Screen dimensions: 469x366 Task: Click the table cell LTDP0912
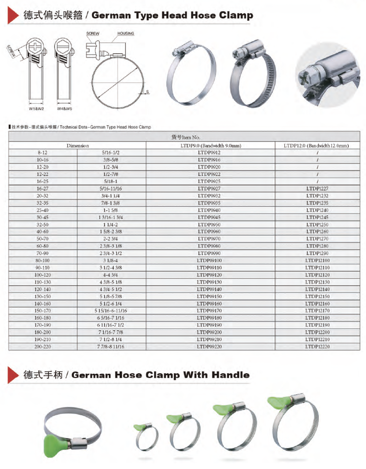pyautogui.click(x=209, y=153)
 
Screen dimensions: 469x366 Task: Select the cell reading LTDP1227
pyautogui.click(x=317, y=189)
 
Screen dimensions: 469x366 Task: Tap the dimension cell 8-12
pyautogui.click(x=43, y=153)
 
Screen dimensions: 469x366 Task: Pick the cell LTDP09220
pyautogui.click(x=209, y=347)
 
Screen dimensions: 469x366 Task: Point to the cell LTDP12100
pyautogui.click(x=317, y=260)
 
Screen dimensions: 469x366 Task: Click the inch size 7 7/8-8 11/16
pyautogui.click(x=111, y=347)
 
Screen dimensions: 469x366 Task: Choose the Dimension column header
pyautogui.click(x=77, y=146)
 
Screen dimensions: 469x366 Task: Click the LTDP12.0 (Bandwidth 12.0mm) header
pyautogui.click(x=317, y=146)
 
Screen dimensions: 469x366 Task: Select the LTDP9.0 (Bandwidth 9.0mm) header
pyautogui.click(x=209, y=146)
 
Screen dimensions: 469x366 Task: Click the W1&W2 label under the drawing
pyautogui.click(x=36, y=109)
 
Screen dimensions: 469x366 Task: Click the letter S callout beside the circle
pyautogui.click(x=148, y=92)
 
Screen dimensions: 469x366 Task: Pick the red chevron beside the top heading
pyautogui.click(x=12, y=15)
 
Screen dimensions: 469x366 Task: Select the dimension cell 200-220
pyautogui.click(x=43, y=347)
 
